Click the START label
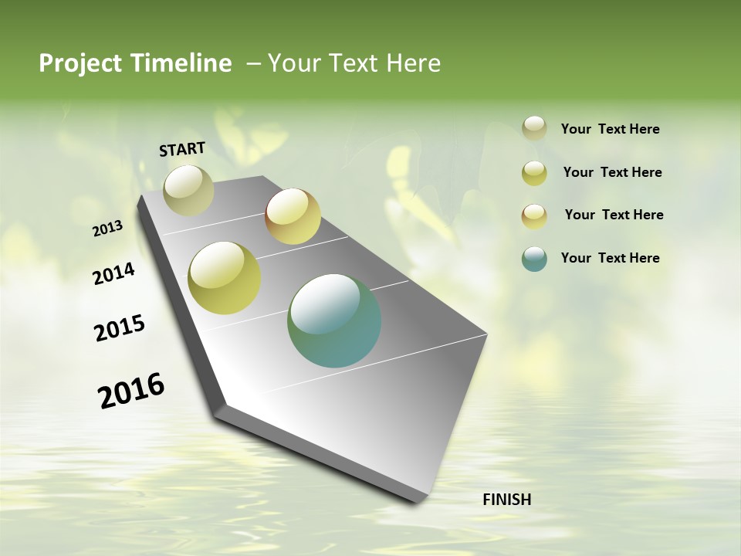coord(182,149)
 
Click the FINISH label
coord(506,500)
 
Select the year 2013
coord(108,229)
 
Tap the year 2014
coord(114,273)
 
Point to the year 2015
coord(120,328)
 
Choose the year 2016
coord(131,390)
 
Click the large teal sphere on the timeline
coord(334,320)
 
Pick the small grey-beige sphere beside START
coord(188,190)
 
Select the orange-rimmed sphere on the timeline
coord(293,216)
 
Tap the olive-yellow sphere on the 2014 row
coord(225,278)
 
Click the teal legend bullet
coord(534,259)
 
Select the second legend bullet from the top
coord(534,173)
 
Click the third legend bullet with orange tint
coord(534,216)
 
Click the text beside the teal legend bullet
coord(610,258)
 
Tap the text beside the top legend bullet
coord(610,129)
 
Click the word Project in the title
coord(80,63)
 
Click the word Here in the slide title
coord(413,63)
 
